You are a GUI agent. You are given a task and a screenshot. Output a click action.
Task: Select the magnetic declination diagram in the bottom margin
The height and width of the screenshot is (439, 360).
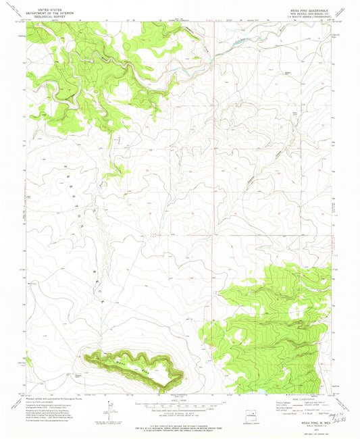click(108, 409)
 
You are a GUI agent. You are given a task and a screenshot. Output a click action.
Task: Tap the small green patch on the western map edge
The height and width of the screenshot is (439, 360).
click(28, 361)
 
